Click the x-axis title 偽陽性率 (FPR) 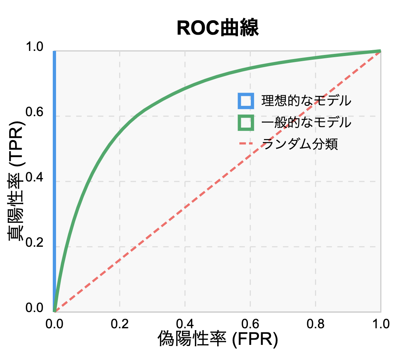click(x=218, y=338)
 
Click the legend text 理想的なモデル click(x=306, y=100)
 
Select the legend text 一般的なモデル click(x=306, y=122)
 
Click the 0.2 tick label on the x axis click(x=120, y=324)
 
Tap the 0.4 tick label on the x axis click(x=185, y=324)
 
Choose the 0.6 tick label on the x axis click(x=250, y=324)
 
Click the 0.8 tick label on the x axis click(x=315, y=324)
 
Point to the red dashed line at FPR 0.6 click(x=250, y=155)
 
